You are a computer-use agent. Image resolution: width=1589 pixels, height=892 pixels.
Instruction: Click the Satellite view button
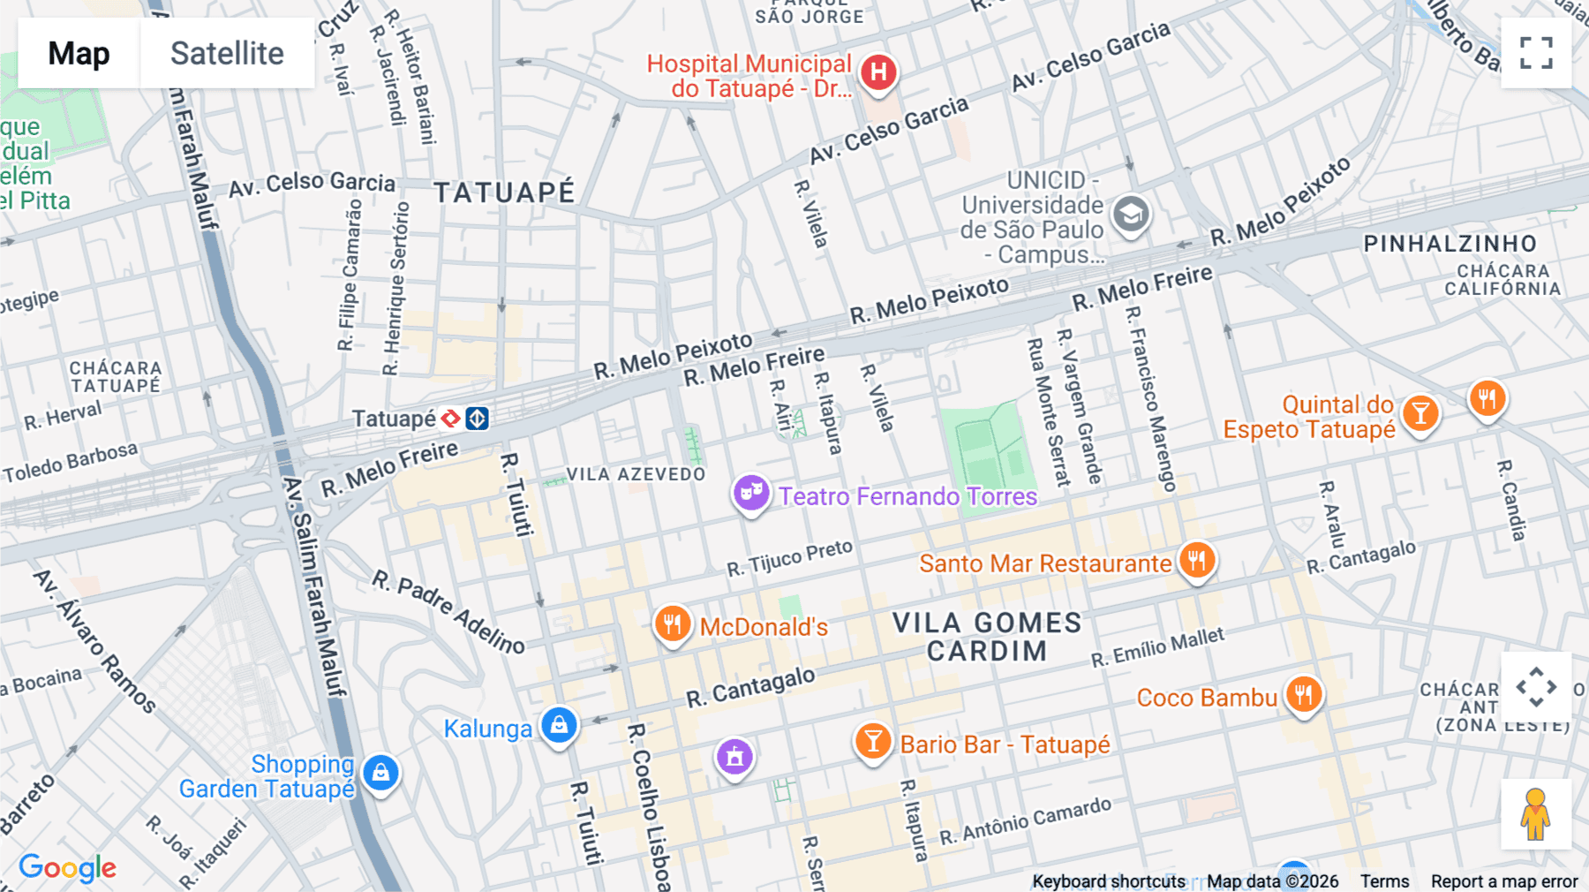227,53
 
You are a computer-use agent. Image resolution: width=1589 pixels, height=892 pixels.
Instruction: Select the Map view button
79,53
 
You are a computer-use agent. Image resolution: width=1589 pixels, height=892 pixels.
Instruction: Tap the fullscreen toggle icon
1536,53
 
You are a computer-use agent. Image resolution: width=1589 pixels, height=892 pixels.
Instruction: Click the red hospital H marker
878,72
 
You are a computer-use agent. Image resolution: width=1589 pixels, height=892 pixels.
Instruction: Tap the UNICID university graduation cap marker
1130,214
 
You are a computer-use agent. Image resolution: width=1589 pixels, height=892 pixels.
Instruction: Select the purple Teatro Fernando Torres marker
750,492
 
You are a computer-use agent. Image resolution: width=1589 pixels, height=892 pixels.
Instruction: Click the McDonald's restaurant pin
672,624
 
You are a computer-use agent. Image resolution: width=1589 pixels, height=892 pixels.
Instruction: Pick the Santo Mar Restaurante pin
1196,560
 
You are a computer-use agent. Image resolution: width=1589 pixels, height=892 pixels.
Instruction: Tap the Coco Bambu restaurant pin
1303,694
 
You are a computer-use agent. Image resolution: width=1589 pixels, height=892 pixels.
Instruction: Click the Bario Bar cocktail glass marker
872,741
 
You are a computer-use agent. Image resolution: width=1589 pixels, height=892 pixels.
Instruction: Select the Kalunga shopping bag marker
559,726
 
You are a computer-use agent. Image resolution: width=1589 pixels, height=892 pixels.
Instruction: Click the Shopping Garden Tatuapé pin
380,773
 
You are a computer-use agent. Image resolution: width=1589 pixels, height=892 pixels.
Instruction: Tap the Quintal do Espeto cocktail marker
1420,412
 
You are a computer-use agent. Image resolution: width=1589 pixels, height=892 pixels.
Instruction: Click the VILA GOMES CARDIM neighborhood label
987,637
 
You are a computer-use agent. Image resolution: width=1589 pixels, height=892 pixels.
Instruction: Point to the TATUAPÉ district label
504,193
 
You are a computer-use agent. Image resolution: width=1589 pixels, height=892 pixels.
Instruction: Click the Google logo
67,868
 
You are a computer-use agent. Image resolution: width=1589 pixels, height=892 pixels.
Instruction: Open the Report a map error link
1503,881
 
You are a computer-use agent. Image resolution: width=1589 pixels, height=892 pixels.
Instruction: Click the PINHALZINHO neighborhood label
1450,244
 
